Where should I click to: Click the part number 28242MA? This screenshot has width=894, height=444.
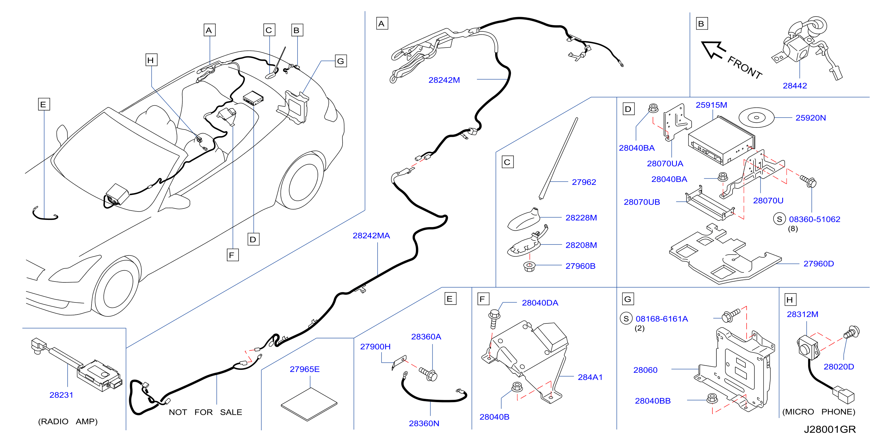click(x=371, y=236)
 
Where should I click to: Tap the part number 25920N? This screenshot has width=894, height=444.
click(x=810, y=118)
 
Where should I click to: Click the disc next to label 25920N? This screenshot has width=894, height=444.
click(x=756, y=118)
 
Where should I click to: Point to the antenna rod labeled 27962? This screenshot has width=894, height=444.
click(x=558, y=158)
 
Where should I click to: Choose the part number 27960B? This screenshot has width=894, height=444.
click(x=580, y=266)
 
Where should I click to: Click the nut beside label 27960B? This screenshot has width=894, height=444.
click(x=529, y=267)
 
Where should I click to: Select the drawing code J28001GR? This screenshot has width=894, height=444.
click(x=830, y=429)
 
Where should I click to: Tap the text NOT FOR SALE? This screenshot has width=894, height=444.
click(x=205, y=412)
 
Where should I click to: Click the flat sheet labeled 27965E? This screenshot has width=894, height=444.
click(x=309, y=404)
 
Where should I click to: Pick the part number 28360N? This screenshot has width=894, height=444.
click(x=424, y=424)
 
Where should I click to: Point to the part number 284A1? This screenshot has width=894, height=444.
click(x=590, y=377)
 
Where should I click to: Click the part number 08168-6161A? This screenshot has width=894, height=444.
click(x=661, y=319)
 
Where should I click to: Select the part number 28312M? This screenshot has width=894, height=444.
click(x=803, y=314)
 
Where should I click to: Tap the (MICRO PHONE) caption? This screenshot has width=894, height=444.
click(x=819, y=412)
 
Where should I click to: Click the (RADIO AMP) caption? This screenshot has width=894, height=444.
click(x=68, y=422)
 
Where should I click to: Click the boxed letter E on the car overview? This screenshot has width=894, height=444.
click(x=44, y=104)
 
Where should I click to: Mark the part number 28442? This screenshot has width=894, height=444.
click(x=795, y=86)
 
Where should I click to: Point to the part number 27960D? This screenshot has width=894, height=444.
click(x=818, y=264)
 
